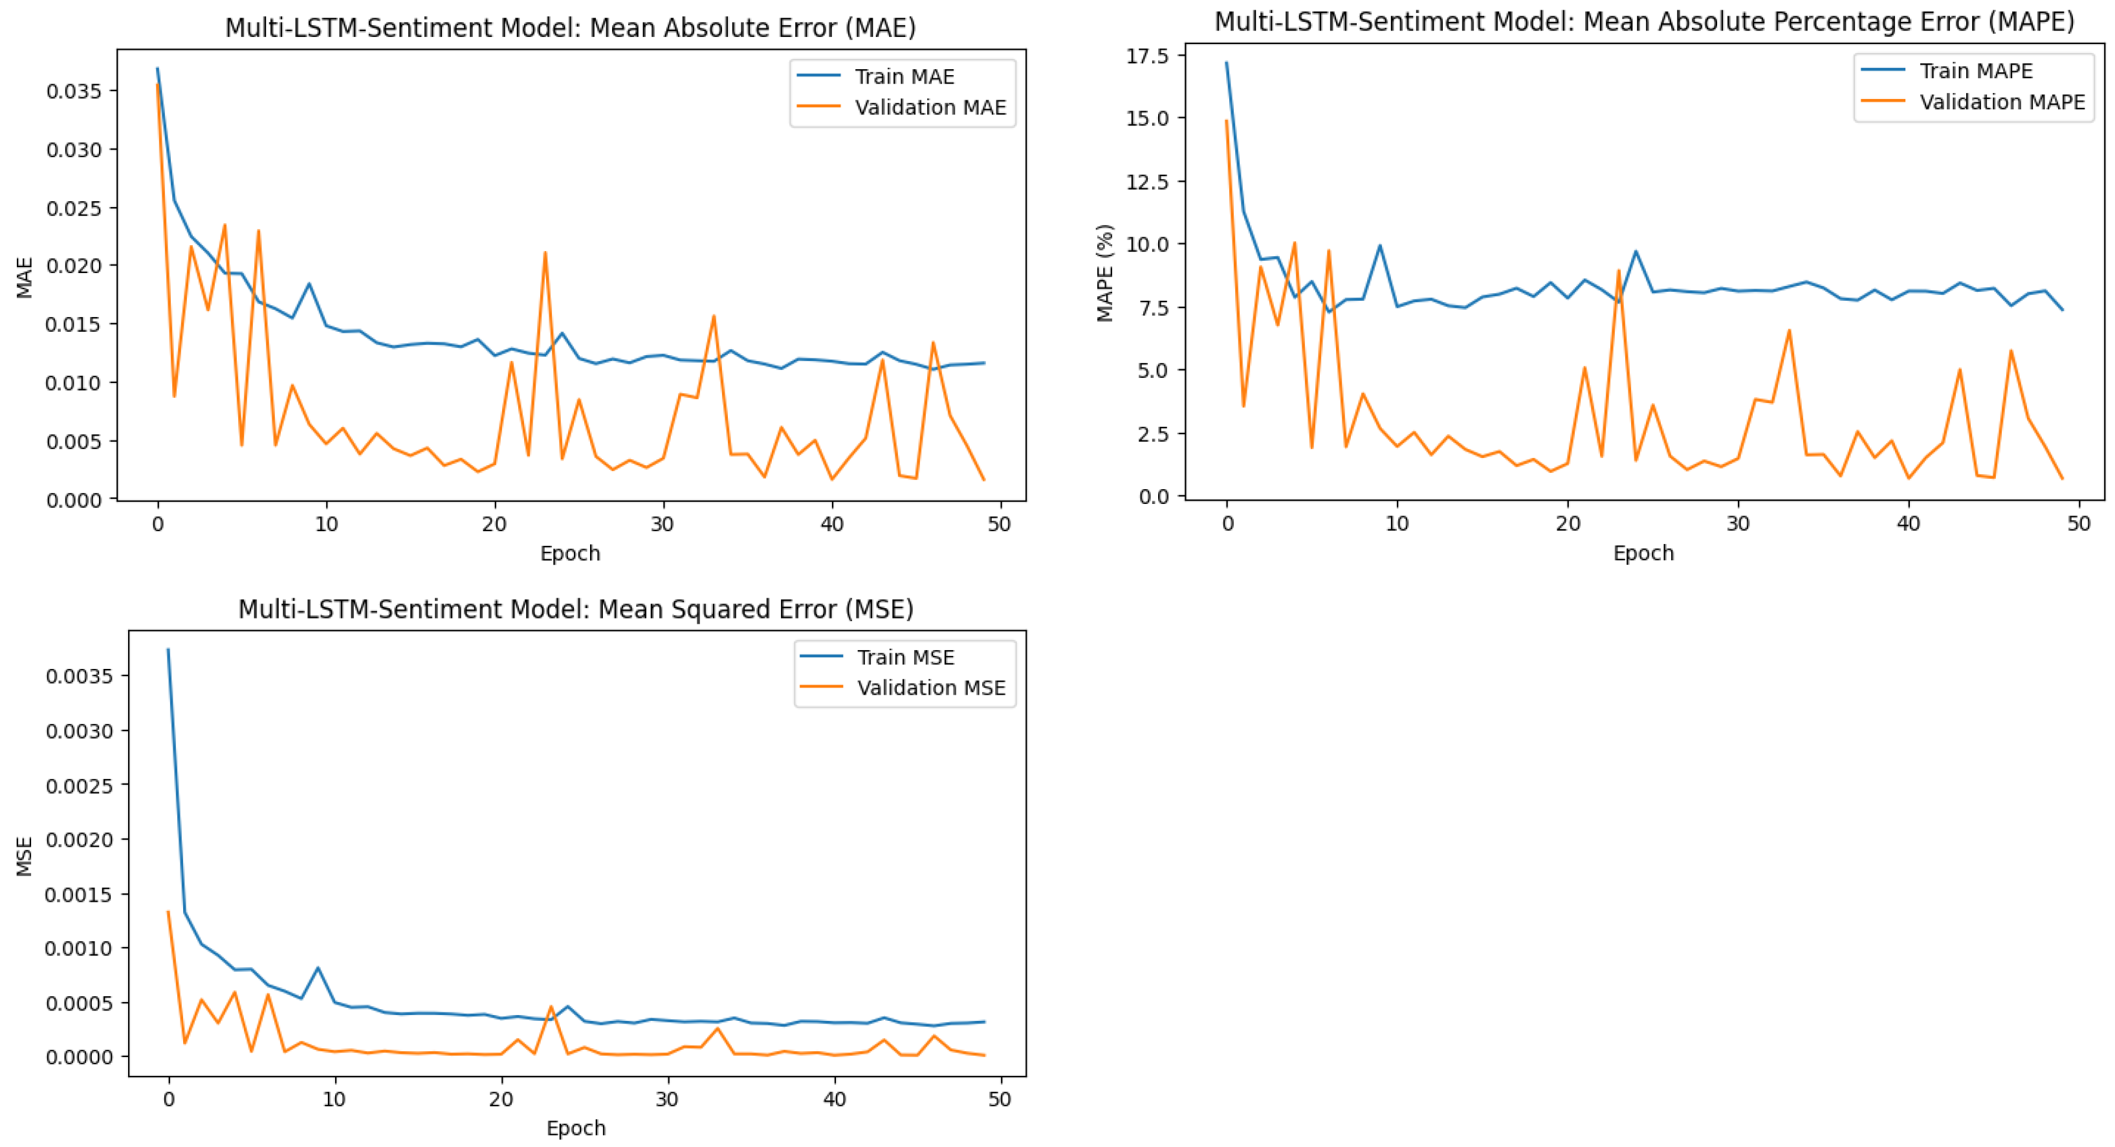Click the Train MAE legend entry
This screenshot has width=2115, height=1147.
(903, 76)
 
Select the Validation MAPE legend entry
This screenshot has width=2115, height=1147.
(2001, 102)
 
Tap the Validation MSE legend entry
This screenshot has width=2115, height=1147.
(930, 687)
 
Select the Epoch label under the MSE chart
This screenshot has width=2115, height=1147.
(576, 1128)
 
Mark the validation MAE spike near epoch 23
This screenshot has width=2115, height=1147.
(545, 253)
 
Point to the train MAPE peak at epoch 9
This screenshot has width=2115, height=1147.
(1379, 245)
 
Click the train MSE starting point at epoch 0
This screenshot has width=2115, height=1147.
(168, 650)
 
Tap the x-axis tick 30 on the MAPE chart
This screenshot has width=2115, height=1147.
(1737, 523)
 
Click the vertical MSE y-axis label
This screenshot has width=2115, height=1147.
(25, 855)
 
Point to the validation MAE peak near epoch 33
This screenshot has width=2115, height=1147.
(714, 316)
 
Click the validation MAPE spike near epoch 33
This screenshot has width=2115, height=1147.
(1788, 330)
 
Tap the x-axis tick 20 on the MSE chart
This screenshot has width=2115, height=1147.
(501, 1098)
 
